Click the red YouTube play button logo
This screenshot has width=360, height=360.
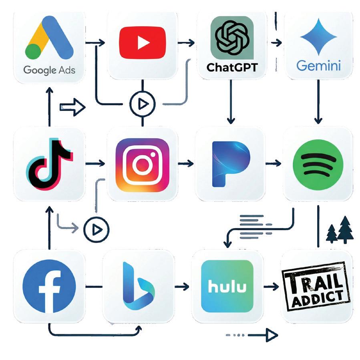point(142,42)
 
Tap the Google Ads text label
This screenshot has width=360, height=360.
point(49,70)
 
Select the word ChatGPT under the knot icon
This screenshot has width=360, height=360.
point(232,68)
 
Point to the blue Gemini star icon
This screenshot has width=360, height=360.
point(318,37)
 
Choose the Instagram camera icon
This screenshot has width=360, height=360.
point(142,165)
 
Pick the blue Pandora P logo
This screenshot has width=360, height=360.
point(231,164)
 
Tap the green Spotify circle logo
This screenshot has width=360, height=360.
point(318,165)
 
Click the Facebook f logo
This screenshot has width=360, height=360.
point(49,286)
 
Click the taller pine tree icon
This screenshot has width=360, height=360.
point(345,229)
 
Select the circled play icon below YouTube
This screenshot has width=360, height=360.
point(143,104)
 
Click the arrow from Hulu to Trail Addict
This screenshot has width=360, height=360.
point(271,287)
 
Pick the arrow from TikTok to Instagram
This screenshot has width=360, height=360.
point(95,164)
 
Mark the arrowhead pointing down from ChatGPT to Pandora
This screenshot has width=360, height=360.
point(231,120)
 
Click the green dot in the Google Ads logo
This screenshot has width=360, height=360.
point(33,51)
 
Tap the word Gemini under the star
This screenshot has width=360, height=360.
point(318,66)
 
